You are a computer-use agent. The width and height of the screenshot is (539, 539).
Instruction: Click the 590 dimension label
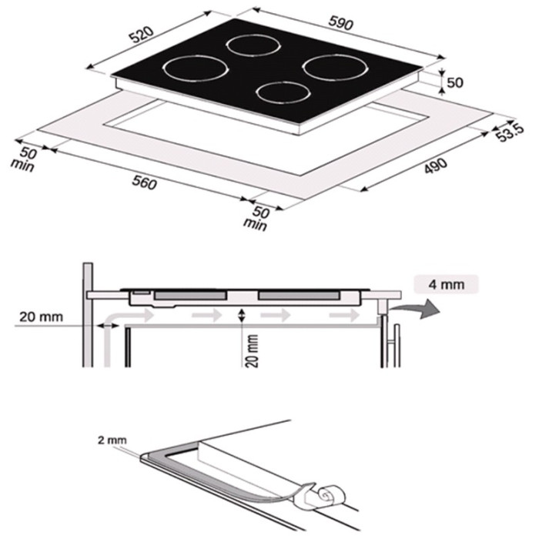(340, 22)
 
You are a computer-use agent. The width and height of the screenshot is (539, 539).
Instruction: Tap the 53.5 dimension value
(511, 133)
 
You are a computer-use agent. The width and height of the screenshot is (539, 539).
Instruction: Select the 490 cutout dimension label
(436, 166)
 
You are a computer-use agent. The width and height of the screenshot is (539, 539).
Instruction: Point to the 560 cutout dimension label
(145, 182)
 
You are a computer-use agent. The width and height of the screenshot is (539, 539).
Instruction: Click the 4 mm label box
(446, 284)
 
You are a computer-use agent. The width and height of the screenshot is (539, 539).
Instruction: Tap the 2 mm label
(112, 440)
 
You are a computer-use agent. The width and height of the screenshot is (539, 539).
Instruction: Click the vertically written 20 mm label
(253, 350)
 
